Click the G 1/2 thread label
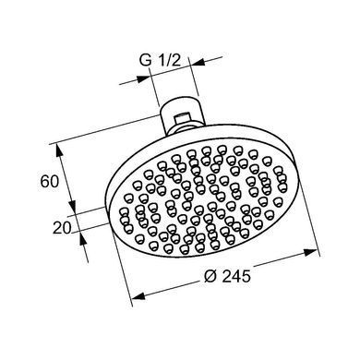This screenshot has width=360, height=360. pos(160,61)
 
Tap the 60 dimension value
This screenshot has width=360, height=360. pos(49,181)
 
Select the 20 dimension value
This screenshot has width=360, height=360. pos(62,228)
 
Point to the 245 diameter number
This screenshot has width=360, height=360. pos(236,276)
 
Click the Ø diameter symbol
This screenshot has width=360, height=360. pos(210,276)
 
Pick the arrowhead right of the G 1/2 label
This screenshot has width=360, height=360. pos(198,62)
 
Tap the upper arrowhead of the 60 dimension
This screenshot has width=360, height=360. pos(60,151)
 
